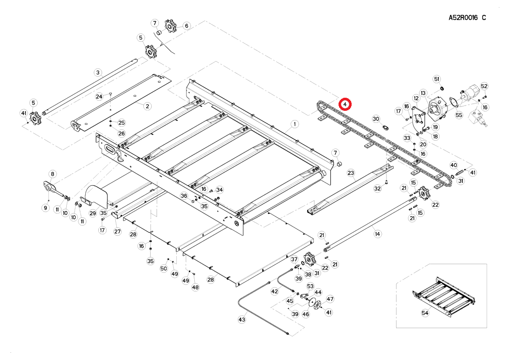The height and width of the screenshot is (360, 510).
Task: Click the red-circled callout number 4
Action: pos(344,104)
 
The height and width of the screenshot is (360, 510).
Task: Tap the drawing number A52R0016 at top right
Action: pos(467,18)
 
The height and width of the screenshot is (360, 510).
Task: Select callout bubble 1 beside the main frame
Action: pos(294,123)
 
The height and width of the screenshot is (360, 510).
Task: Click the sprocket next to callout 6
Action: pos(170,26)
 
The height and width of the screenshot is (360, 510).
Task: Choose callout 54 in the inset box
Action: pos(425,313)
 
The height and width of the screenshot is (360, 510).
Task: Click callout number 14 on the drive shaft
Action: pos(377,234)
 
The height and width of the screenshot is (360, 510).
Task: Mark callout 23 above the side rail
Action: pos(351,173)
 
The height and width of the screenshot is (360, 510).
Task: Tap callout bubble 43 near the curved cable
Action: pos(242,319)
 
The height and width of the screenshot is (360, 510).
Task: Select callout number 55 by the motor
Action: pos(459,115)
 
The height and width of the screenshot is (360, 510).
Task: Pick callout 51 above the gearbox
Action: pos(436,79)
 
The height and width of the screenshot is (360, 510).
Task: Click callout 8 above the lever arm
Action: pos(52,174)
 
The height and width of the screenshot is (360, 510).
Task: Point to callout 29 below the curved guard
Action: pos(93,213)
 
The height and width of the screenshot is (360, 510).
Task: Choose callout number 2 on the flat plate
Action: pos(147,106)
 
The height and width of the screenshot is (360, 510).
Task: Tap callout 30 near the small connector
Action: pos(376,119)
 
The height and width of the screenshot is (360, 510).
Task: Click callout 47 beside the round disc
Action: pos(330,299)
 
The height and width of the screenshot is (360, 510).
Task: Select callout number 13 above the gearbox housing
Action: pos(423,93)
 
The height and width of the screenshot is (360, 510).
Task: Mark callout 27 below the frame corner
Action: pos(117,231)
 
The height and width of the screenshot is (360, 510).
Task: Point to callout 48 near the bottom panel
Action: pos(195,287)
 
